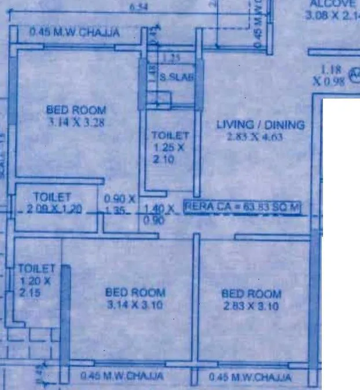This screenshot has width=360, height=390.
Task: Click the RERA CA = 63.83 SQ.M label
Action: click(x=242, y=207)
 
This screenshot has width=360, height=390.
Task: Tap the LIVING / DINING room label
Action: click(x=260, y=125)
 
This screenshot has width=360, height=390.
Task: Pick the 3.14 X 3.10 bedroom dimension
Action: click(x=135, y=305)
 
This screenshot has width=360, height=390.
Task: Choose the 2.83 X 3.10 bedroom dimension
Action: click(x=251, y=306)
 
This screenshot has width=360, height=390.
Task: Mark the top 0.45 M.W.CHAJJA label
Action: click(x=75, y=32)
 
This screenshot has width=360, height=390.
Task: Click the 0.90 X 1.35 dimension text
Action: click(x=119, y=204)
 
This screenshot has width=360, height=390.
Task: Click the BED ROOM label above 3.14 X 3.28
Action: click(x=76, y=110)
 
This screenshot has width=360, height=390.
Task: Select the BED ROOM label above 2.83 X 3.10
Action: click(x=251, y=294)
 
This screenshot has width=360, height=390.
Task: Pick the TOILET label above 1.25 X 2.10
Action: click(x=170, y=135)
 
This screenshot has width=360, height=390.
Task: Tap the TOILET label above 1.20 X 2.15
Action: click(x=36, y=269)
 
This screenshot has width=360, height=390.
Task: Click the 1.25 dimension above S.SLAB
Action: click(x=171, y=58)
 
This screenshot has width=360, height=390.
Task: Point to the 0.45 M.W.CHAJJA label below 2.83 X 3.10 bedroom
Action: click(x=251, y=378)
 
